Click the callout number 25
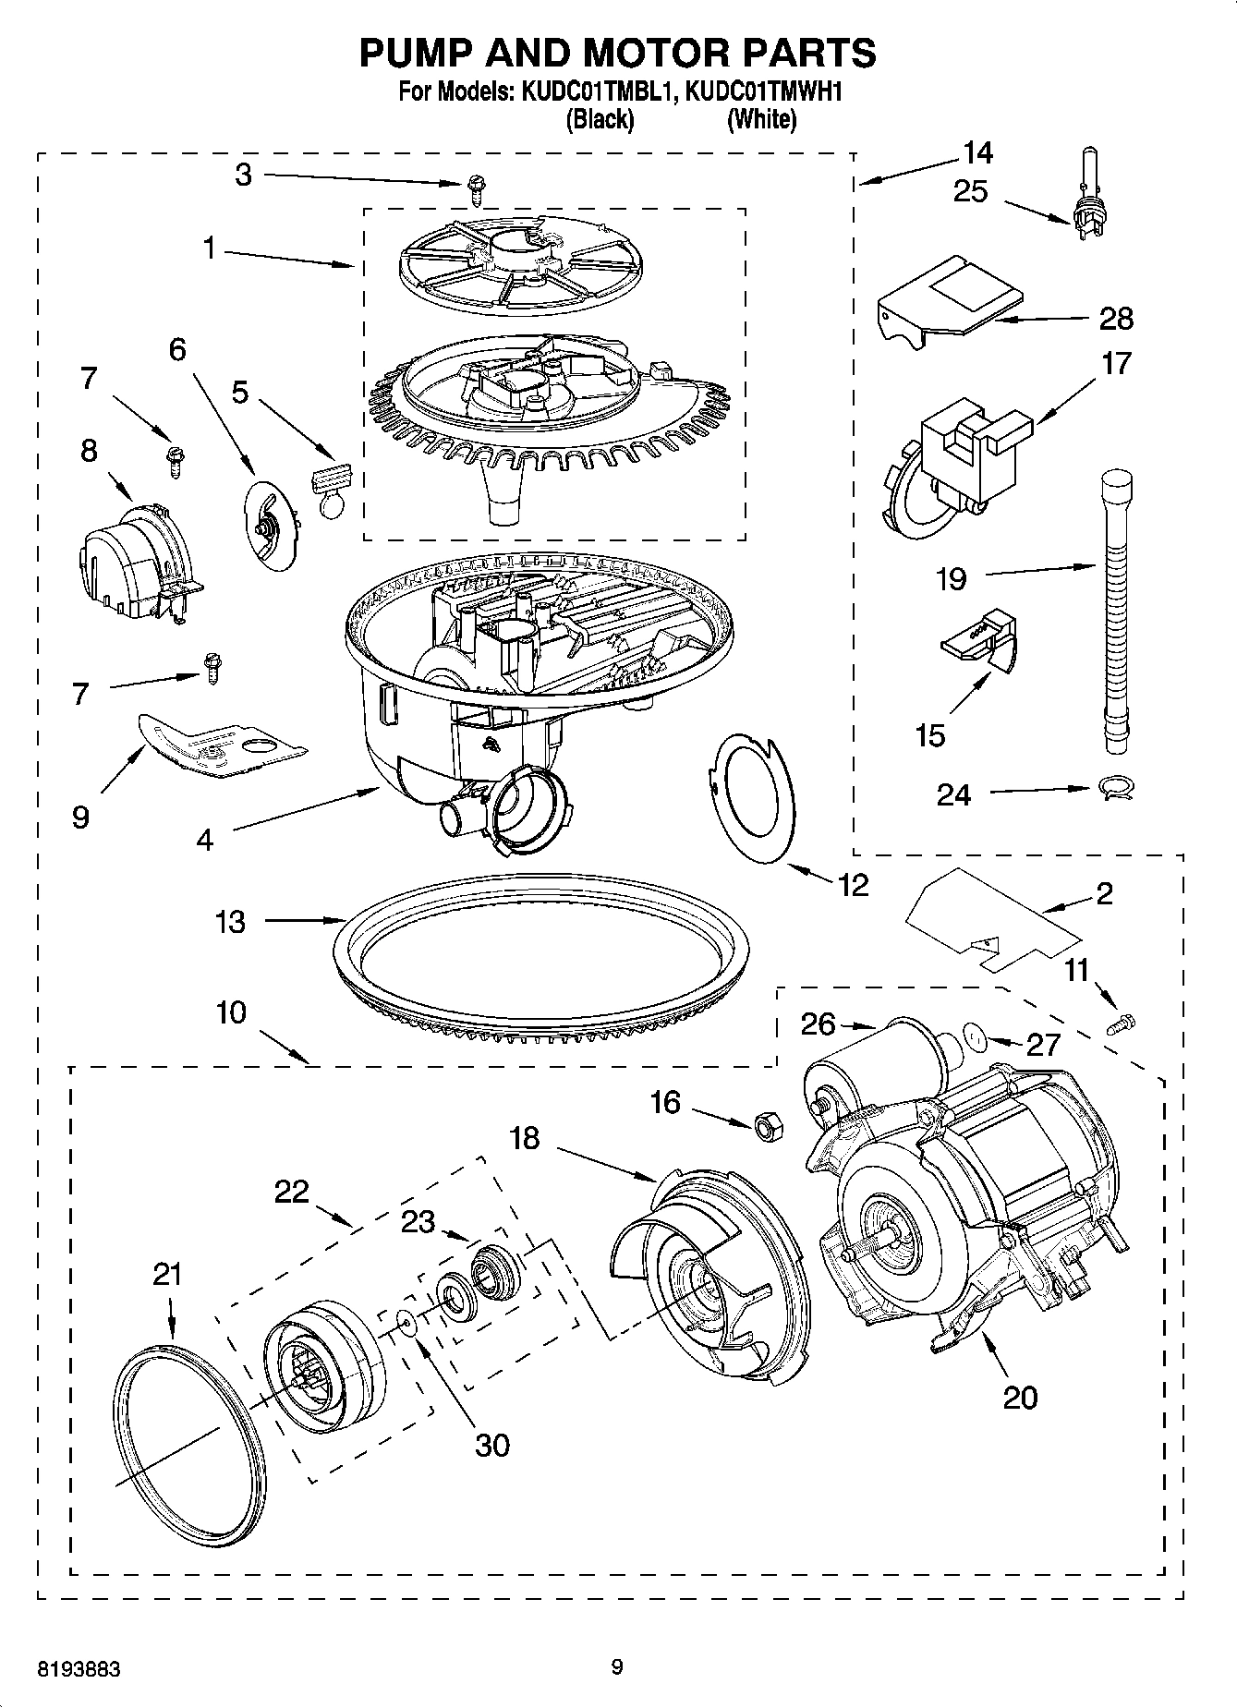coord(970,191)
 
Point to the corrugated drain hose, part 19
coord(1115,610)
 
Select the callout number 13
coord(230,921)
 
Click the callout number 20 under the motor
coord(1020,1398)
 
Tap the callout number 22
coord(291,1192)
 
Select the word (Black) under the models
coord(600,119)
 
